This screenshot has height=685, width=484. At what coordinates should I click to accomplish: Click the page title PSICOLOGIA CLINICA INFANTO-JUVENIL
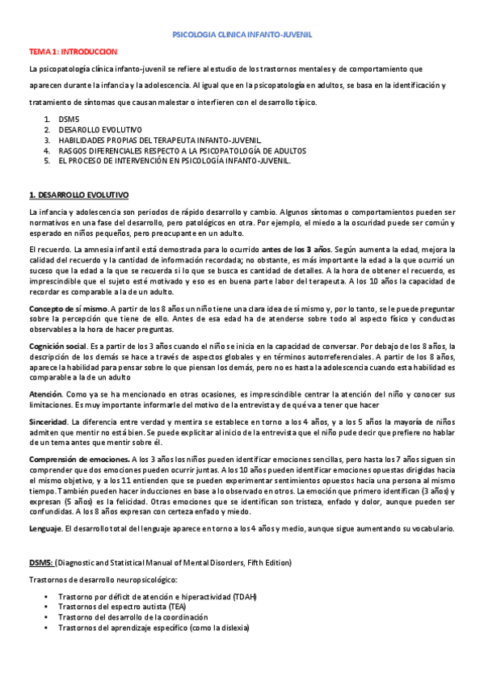tap(243, 36)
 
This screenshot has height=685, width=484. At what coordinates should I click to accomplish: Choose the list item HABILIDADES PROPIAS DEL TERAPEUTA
tap(159, 140)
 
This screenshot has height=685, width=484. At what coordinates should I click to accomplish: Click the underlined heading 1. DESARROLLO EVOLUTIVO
tap(78, 195)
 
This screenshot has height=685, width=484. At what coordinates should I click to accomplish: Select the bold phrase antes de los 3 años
tap(295, 250)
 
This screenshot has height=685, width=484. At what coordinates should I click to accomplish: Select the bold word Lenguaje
tap(46, 528)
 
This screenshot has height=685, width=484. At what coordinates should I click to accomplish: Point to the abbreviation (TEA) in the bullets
tap(196, 607)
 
